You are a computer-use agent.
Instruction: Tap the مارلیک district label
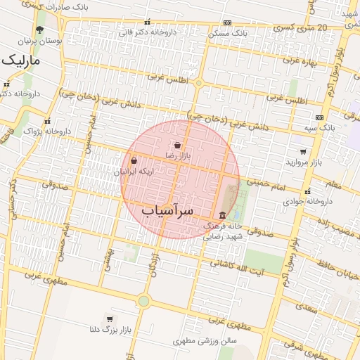[21, 61]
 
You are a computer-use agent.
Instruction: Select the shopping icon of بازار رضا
[176, 146]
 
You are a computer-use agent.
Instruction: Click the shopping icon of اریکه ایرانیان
[134, 161]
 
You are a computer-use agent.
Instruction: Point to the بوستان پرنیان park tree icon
[39, 30]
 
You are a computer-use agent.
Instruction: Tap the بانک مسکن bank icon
[226, 22]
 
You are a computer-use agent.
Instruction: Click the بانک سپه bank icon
[320, 117]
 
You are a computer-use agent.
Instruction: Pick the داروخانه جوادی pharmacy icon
[307, 191]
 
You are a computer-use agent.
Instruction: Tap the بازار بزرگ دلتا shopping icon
[109, 319]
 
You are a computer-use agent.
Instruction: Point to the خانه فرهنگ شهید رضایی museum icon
[223, 215]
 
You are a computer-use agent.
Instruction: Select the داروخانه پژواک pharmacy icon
[48, 121]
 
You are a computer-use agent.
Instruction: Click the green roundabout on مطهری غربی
[143, 301]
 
